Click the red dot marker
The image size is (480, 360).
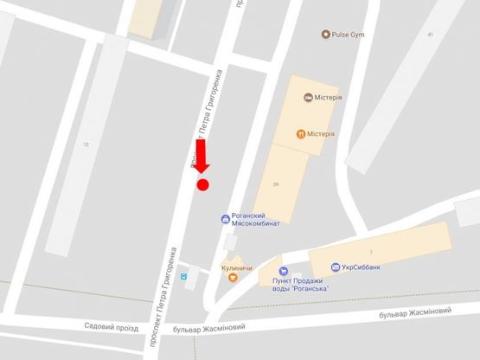pyautogui.click(x=203, y=183)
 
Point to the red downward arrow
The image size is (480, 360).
pyautogui.click(x=202, y=157)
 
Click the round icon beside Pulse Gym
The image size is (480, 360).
pyautogui.click(x=325, y=35)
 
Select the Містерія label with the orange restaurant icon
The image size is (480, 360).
pyautogui.click(x=321, y=134)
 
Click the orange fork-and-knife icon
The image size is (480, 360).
pyautogui.click(x=300, y=134)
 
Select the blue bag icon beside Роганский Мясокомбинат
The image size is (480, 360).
pyautogui.click(x=225, y=218)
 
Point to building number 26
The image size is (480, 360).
pyautogui.click(x=276, y=185)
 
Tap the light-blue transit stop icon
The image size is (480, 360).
pyautogui.click(x=183, y=278)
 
